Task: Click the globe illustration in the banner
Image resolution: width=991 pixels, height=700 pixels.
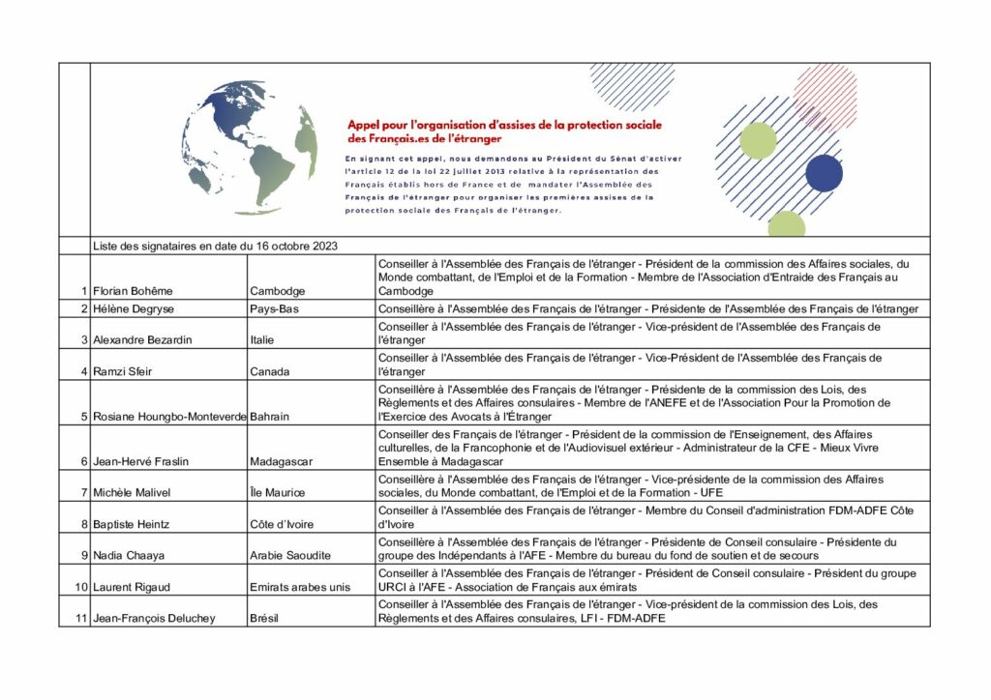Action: pos(250,147)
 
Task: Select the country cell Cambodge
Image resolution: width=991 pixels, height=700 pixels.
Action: pos(278,291)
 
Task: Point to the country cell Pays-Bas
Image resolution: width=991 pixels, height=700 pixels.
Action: pos(274,309)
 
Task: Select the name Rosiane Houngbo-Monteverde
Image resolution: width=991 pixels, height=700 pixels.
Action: pos(169,417)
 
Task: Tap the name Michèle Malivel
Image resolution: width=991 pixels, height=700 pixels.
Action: pos(132,493)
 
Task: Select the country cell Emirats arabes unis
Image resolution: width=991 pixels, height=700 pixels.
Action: pos(300,587)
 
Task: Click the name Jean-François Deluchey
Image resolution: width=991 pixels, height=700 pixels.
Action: pos(155,618)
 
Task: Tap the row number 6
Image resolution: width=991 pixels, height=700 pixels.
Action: pos(84,461)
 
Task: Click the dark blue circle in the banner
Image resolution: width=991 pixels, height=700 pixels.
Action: pos(824,173)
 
